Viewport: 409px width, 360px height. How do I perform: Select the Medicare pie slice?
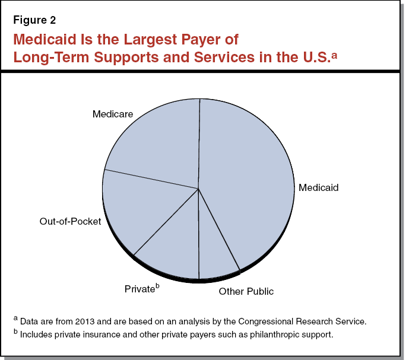click(157, 142)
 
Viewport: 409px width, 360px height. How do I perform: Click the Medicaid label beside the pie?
click(318, 187)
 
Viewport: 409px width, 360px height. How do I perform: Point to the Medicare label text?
click(112, 113)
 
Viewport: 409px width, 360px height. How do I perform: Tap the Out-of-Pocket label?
click(70, 221)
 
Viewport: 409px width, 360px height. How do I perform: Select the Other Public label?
click(246, 291)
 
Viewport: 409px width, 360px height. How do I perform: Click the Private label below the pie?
click(139, 289)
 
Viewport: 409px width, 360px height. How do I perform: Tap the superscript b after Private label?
click(157, 286)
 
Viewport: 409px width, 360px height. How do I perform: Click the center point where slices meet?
click(198, 189)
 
